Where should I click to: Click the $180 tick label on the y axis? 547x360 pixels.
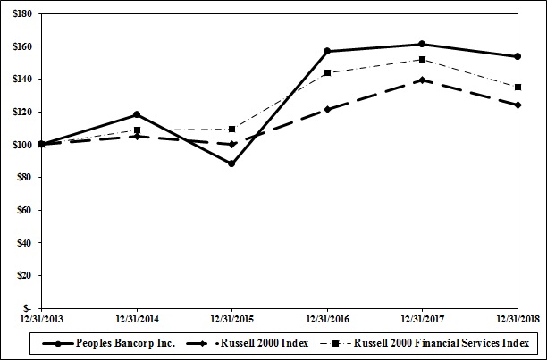(21, 14)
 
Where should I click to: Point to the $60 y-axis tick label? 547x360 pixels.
(22, 210)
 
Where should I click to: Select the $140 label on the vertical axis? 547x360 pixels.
(21, 80)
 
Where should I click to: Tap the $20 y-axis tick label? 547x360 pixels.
(22, 275)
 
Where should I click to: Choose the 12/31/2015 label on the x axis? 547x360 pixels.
(231, 318)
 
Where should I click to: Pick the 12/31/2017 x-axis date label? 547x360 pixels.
(422, 318)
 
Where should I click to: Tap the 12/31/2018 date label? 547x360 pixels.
(518, 318)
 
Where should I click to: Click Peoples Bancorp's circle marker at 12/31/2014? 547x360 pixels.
(136, 114)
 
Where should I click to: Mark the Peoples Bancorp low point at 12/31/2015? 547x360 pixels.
(231, 163)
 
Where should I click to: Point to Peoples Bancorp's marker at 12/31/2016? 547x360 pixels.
(327, 51)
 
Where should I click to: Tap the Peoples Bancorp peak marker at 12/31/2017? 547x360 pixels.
(422, 44)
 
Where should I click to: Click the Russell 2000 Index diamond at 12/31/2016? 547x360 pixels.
(327, 109)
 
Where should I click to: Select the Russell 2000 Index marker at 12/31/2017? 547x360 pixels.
(422, 80)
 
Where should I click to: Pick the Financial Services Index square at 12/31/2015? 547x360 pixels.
(231, 129)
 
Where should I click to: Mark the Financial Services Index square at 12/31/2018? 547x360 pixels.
(518, 88)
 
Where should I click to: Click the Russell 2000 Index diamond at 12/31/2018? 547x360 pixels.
(518, 105)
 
